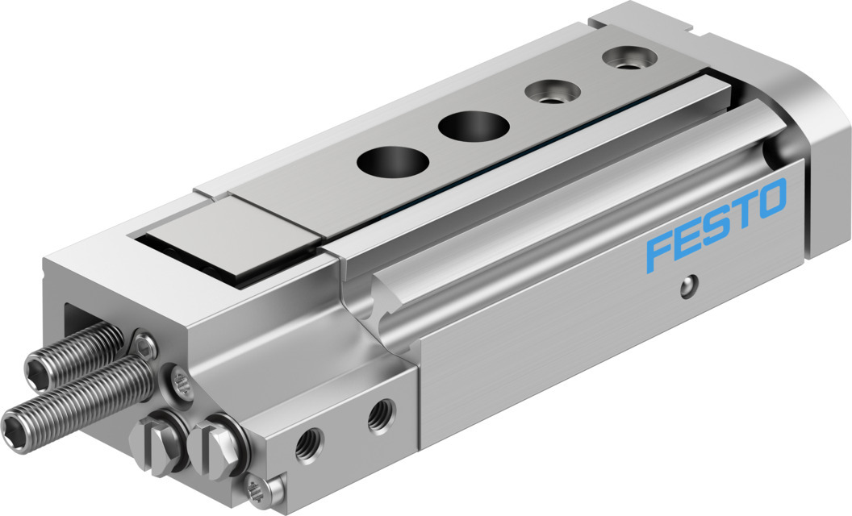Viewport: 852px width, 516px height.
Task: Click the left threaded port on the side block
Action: pyautogui.click(x=308, y=443)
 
